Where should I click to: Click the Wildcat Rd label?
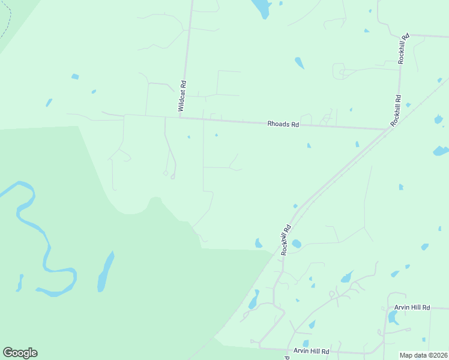[x=182, y=97]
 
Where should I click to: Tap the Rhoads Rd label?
[x=283, y=124]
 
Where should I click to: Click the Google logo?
[x=20, y=353]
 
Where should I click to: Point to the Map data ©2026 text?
[x=424, y=355]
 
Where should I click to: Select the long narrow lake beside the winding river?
[x=106, y=271]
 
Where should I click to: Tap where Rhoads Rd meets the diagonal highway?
[x=386, y=129]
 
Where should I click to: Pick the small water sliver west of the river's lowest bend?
[x=20, y=282]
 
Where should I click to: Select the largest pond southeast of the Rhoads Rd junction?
[x=440, y=151]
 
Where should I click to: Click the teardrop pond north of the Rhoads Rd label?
[x=299, y=62]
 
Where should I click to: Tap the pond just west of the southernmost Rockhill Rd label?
[x=258, y=243]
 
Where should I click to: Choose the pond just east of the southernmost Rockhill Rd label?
[x=296, y=244]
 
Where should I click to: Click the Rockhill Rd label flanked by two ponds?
[x=286, y=240]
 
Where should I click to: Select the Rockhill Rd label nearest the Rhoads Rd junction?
[x=396, y=110]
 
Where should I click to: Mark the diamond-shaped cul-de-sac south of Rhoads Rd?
[x=165, y=173]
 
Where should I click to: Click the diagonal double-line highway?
[x=336, y=174]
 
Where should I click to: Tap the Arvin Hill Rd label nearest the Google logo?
[x=311, y=350]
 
